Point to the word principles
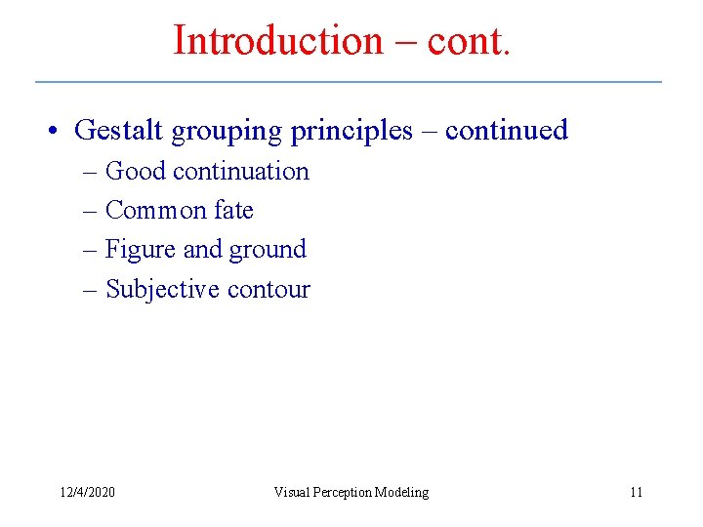tap(351, 131)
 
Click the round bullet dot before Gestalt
tap(57, 131)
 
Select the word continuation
tap(240, 171)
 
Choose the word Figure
tap(141, 250)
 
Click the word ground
tap(268, 251)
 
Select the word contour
tap(269, 290)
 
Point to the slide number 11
tap(636, 492)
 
